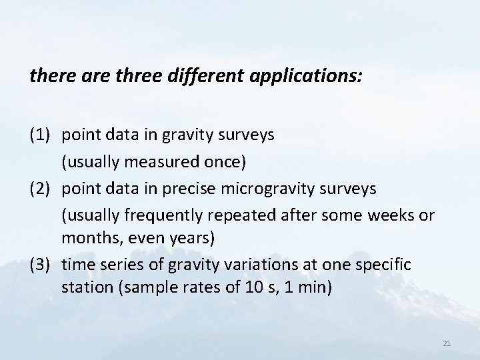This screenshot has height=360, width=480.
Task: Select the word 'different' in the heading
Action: [x=208, y=77]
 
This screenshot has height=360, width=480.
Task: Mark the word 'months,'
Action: [x=87, y=238]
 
